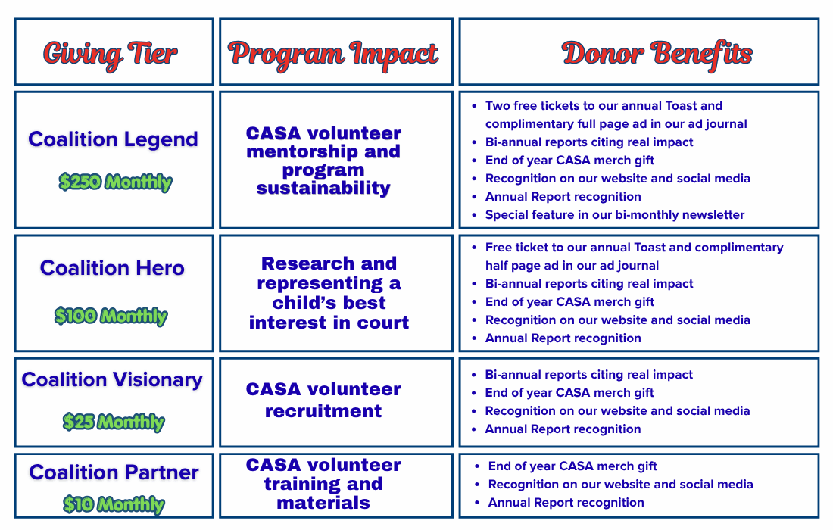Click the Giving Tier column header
[x=111, y=55]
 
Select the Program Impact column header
[x=333, y=55]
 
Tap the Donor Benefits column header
[x=657, y=55]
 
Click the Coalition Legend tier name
[x=113, y=139]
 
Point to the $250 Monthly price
[x=115, y=182]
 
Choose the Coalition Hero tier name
[x=112, y=268]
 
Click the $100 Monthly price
[x=111, y=316]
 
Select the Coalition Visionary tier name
[x=112, y=380]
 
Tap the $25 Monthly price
[x=114, y=422]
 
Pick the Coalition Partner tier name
[x=114, y=472]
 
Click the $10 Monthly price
[x=114, y=504]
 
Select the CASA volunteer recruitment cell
[x=323, y=400]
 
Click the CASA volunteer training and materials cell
[x=323, y=484]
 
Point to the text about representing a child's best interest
[x=329, y=292]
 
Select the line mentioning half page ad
[x=572, y=266]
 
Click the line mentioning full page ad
[x=616, y=123]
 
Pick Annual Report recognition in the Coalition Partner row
[x=566, y=503]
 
